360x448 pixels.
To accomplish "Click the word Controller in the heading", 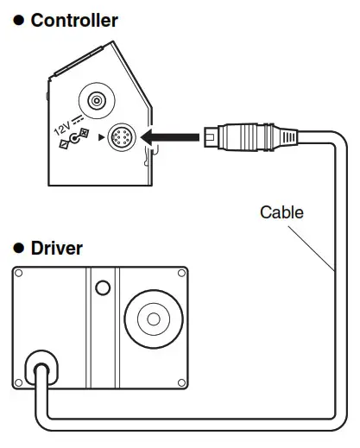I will click(x=73, y=21).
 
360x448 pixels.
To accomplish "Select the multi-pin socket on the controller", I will click(x=119, y=138).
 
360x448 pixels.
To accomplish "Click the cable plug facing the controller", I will click(x=225, y=136).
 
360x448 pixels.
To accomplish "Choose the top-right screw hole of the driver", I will click(x=181, y=275).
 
